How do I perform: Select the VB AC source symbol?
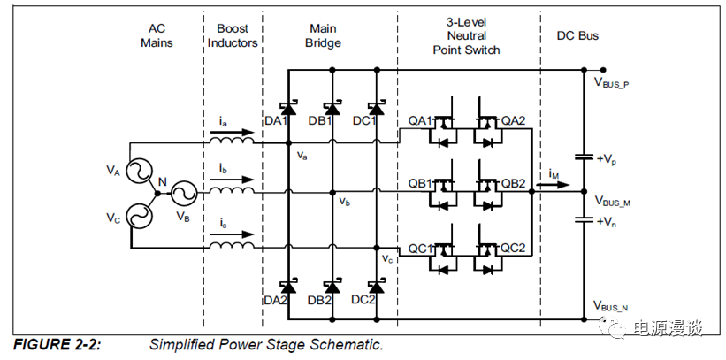[183, 192]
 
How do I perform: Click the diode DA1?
[288, 108]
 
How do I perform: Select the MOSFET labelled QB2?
[485, 191]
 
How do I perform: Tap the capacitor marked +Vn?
[584, 219]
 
